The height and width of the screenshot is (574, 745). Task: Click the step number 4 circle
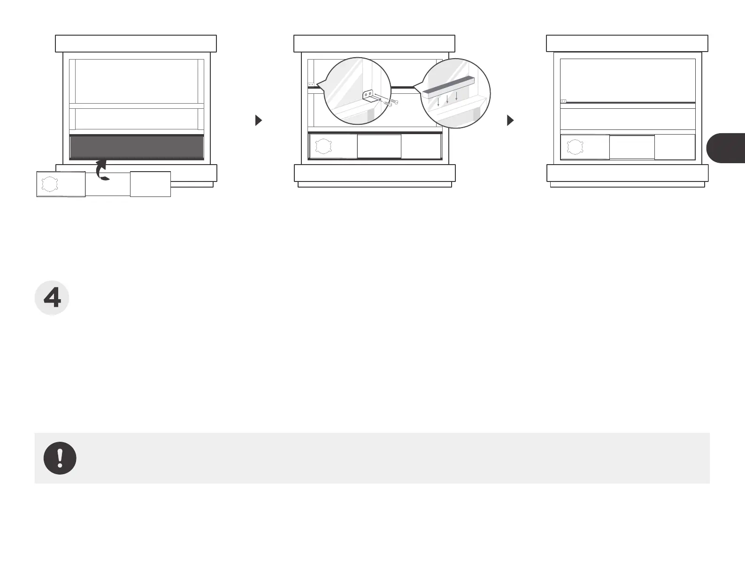point(52,298)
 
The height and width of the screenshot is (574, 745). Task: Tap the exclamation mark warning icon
point(60,458)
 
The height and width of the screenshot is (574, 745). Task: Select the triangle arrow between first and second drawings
point(258,121)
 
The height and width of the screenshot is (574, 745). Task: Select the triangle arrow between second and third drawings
point(511,121)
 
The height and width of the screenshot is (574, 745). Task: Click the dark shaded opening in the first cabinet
point(137,148)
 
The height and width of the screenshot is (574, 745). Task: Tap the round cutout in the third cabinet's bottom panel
point(575,147)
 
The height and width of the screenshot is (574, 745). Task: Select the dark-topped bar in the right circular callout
point(449,87)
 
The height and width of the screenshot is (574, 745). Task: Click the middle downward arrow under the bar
point(447,98)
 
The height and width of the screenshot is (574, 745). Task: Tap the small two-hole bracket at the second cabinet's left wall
point(311,84)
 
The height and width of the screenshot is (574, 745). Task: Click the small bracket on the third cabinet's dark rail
point(563,101)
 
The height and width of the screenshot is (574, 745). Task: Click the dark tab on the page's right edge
point(726,148)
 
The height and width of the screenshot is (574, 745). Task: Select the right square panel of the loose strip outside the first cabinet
point(150,184)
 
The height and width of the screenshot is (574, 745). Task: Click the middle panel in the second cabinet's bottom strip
point(379,146)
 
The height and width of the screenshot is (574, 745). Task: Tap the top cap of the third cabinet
point(627,43)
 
